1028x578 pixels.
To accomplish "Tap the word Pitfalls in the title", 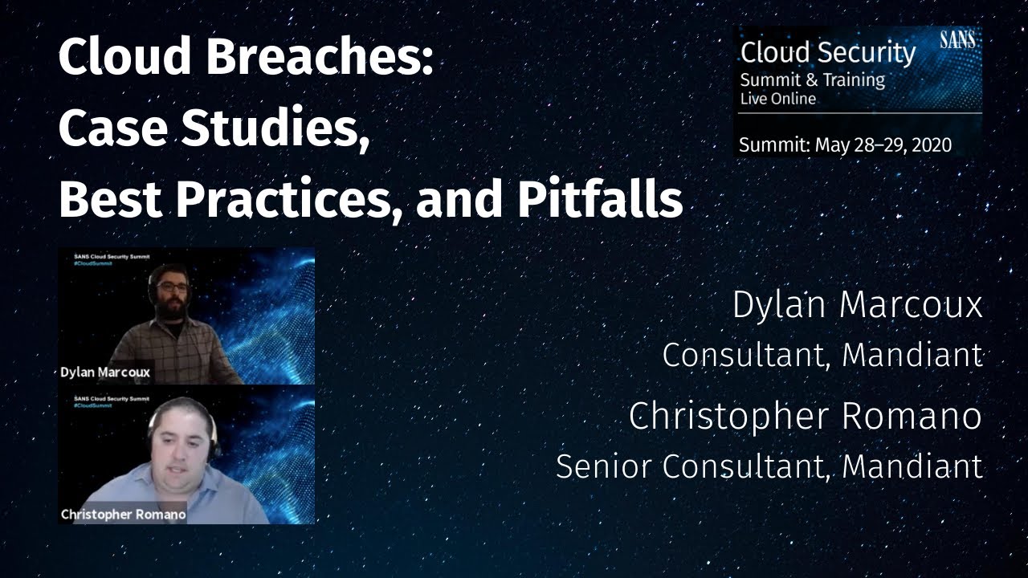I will coord(599,201).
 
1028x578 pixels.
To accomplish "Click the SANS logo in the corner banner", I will coord(957,40).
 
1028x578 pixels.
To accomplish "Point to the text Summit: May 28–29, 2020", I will coord(845,145).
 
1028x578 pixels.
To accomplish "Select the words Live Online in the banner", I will coord(777,99).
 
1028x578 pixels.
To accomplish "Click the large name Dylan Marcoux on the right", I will coord(857,306).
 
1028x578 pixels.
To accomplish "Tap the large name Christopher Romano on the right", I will coord(805,416).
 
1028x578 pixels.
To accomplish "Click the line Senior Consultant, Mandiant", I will coord(769,466).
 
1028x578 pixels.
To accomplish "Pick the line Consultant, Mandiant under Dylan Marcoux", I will coord(822,355).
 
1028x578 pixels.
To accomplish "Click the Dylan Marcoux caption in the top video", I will coord(105,372).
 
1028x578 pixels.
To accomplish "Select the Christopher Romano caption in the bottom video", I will coord(123,514).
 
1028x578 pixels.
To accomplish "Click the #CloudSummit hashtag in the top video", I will coord(88,267).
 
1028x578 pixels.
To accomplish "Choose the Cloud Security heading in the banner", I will coord(827,53).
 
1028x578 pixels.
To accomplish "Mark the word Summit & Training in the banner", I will coord(812,79).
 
